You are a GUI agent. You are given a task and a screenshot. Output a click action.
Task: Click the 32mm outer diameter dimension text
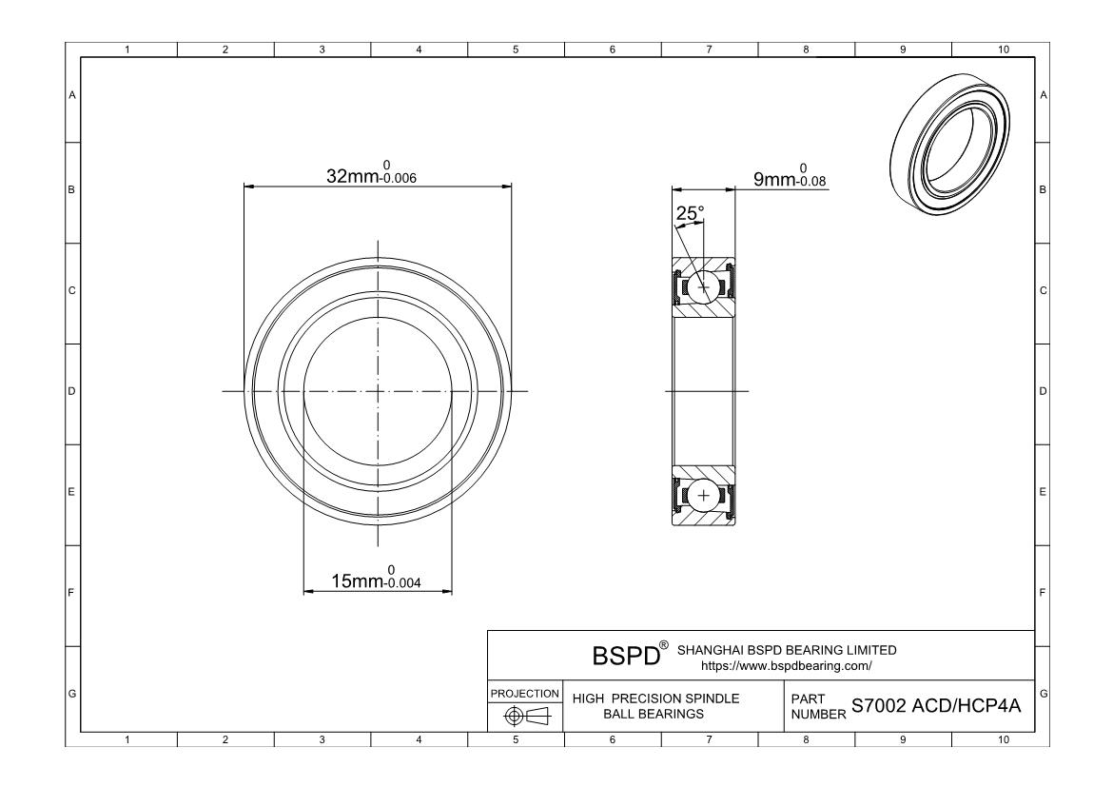pyautogui.click(x=353, y=176)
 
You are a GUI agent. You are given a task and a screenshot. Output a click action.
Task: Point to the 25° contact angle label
pyautogui.click(x=689, y=214)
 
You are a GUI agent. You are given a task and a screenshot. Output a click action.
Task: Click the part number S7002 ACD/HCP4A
pyautogui.click(x=936, y=705)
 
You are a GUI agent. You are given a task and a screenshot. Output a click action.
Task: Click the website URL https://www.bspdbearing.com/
pyautogui.click(x=786, y=664)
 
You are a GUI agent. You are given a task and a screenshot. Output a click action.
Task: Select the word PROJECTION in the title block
pyautogui.click(x=524, y=694)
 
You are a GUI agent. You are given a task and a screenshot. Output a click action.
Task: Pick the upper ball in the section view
pyautogui.click(x=704, y=287)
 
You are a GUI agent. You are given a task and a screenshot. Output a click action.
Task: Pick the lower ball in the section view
pyautogui.click(x=704, y=495)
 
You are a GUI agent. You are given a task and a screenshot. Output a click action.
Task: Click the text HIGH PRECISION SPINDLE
pyautogui.click(x=655, y=698)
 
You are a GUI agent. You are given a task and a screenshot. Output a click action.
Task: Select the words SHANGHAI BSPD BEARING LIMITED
pyautogui.click(x=786, y=650)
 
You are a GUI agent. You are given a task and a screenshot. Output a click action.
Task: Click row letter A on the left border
pyautogui.click(x=72, y=94)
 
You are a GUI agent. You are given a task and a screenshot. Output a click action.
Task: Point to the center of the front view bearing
pyautogui.click(x=378, y=391)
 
